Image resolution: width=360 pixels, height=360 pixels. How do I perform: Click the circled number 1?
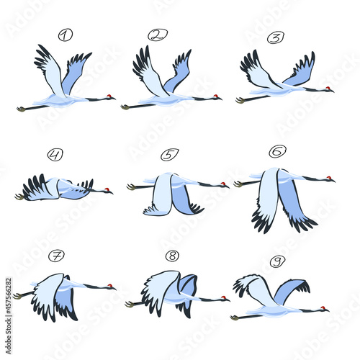(66, 35)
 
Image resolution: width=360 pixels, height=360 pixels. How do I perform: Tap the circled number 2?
(158, 35)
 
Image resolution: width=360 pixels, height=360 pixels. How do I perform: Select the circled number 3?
(275, 37)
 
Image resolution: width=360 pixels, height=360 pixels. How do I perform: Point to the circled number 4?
(55, 154)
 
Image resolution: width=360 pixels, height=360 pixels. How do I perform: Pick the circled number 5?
(170, 154)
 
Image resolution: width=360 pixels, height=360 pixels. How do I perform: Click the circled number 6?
(277, 150)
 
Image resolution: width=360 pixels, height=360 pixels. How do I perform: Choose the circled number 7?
(55, 256)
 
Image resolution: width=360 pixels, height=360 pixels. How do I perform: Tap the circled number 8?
(172, 255)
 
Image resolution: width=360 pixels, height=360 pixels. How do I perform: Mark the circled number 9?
(278, 261)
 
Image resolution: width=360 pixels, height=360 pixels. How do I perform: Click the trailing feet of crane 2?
(125, 107)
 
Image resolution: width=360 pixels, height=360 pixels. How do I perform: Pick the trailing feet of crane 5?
(131, 187)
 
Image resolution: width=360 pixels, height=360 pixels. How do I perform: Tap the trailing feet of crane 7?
(17, 295)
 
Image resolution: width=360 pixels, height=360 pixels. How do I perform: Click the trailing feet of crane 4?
(19, 196)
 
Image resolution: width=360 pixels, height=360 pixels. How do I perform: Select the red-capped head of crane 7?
(111, 287)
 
